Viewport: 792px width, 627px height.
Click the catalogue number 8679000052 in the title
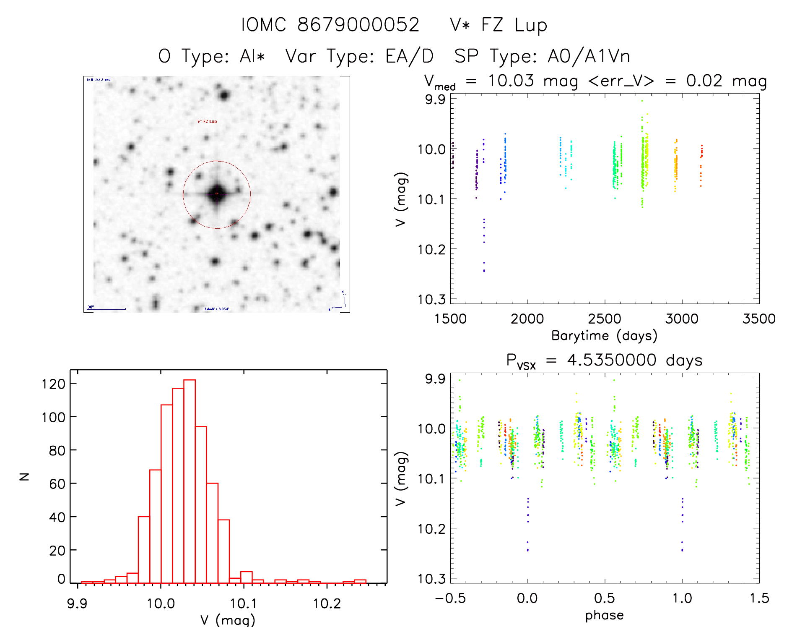tap(358, 25)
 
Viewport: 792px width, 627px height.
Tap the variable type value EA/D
tap(409, 56)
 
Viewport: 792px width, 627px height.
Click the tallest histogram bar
tap(190, 481)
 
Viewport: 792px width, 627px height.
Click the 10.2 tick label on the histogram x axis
tap(327, 603)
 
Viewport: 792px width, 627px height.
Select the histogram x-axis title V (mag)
tap(228, 620)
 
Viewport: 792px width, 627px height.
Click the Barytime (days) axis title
tap(604, 336)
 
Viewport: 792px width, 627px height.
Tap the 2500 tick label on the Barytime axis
tap(605, 319)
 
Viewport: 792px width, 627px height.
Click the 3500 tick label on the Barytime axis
tap(759, 319)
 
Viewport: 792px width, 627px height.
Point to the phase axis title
tap(604, 615)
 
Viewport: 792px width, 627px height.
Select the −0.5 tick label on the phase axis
tap(450, 598)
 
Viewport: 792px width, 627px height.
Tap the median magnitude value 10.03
tap(511, 81)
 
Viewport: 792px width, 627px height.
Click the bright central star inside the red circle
tap(217, 194)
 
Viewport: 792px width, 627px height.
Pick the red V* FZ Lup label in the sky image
tap(207, 122)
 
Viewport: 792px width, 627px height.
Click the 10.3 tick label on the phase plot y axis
tap(431, 579)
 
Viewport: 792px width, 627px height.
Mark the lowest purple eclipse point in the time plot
tap(484, 271)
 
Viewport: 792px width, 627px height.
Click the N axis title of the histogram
tap(24, 476)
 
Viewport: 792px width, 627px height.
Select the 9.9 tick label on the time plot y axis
tap(435, 99)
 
